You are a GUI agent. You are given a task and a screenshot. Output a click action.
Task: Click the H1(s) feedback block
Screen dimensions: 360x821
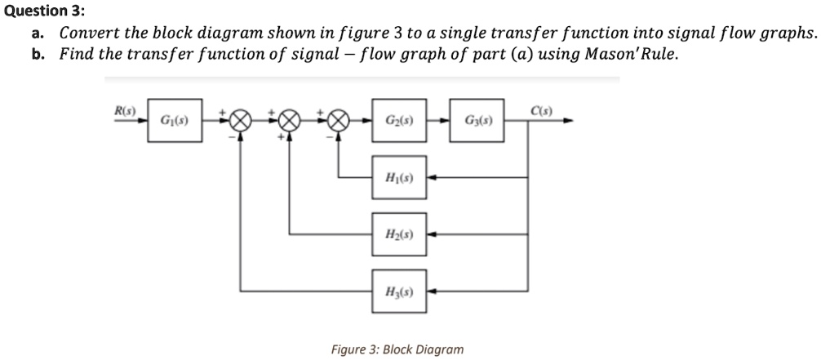(399, 176)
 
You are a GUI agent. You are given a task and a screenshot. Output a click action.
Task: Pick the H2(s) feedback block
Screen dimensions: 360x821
(399, 233)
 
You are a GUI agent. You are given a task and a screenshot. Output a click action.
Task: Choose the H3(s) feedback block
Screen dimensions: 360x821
(399, 291)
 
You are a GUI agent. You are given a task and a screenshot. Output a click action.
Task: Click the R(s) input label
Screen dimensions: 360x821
(125, 110)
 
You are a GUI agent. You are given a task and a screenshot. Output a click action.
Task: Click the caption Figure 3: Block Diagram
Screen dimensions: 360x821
(397, 349)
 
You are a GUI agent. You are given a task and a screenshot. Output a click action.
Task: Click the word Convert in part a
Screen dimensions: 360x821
(89, 34)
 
